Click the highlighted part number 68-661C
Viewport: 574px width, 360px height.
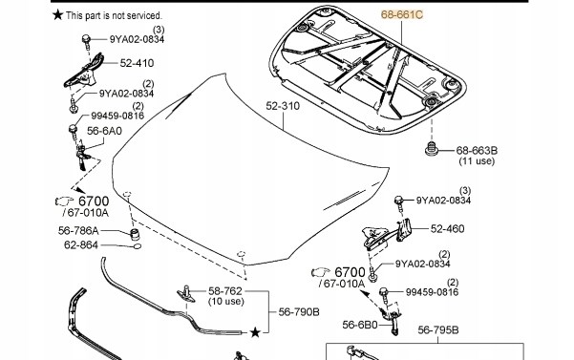[x=402, y=14]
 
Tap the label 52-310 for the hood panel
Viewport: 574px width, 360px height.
[x=283, y=106]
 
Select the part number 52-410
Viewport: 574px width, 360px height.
[x=137, y=63]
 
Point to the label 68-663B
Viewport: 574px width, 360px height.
[x=477, y=150]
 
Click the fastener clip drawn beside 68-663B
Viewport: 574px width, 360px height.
[x=432, y=149]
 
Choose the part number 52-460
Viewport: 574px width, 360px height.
[x=447, y=229]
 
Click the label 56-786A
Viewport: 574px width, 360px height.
[x=78, y=231]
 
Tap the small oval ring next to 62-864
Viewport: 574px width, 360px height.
[x=137, y=246]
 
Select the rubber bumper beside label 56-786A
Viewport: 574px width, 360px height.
[x=136, y=233]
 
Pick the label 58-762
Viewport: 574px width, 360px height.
[x=225, y=291]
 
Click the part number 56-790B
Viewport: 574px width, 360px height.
[x=299, y=312]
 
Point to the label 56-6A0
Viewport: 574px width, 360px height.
[x=104, y=131]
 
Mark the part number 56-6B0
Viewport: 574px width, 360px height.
[x=359, y=325]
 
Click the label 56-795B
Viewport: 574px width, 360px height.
[x=438, y=330]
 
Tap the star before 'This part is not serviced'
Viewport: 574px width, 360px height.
[x=58, y=15]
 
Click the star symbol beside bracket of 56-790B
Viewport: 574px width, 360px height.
[x=255, y=332]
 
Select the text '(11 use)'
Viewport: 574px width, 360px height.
[x=477, y=161]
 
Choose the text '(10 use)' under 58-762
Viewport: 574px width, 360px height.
[x=225, y=302]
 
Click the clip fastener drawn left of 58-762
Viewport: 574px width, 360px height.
[x=186, y=294]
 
